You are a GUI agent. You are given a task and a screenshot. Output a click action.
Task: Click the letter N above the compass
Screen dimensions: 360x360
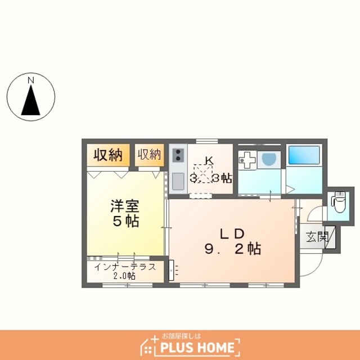31,80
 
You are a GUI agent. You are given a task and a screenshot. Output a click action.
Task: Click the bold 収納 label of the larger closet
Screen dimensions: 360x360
108,155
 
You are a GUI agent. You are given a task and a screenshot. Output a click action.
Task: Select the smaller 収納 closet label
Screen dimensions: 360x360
149,154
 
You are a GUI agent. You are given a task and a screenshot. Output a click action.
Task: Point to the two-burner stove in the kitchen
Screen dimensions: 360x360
178,155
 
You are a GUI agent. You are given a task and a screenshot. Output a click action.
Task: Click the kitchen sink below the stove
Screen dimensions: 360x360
178,181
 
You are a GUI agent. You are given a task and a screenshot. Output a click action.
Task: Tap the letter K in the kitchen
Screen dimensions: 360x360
209,160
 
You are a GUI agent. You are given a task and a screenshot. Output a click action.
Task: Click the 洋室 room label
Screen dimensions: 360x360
125,206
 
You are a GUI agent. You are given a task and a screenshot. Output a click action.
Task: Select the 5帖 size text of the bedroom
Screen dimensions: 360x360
126,221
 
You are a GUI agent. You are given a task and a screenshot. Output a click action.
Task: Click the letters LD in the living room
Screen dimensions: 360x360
232,234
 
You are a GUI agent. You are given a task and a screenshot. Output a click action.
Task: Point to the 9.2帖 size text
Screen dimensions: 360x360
233,249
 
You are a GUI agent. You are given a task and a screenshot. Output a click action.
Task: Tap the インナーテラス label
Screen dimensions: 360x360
125,267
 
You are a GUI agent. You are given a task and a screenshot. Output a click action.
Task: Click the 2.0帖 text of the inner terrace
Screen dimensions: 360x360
124,276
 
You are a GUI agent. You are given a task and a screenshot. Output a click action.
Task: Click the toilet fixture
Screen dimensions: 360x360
339,202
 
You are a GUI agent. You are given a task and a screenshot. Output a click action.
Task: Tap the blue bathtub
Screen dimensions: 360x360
304,155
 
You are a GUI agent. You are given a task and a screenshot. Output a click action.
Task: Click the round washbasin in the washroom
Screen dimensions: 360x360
269,159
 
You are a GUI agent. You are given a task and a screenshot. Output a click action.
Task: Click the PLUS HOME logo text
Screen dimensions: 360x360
197,347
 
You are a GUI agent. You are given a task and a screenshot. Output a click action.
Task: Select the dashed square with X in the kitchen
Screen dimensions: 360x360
203,174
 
